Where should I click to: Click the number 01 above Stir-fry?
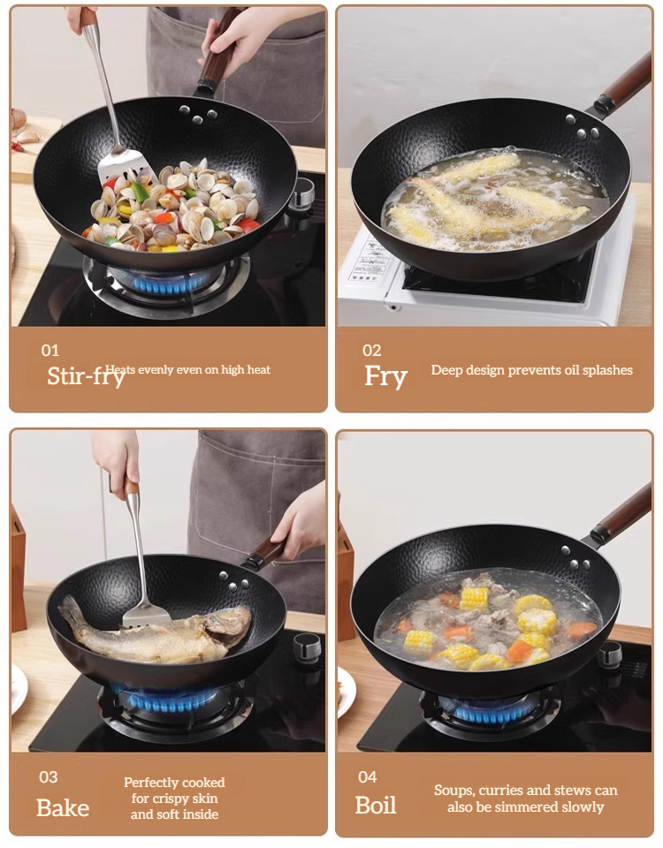[50, 350]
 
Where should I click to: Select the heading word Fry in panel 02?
[386, 376]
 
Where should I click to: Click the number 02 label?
[372, 350]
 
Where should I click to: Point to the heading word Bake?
[63, 807]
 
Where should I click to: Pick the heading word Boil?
[376, 805]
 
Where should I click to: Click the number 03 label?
[49, 777]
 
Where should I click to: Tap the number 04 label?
[368, 777]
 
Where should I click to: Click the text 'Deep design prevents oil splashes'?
[532, 370]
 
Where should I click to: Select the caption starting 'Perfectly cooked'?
[174, 798]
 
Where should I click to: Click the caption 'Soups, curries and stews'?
[526, 798]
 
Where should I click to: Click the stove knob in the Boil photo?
[610, 654]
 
